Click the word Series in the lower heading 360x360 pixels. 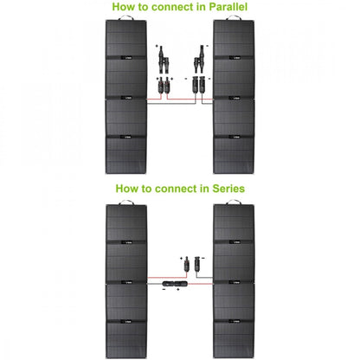(x=220, y=187)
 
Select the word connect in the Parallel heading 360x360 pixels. (x=171, y=7)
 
